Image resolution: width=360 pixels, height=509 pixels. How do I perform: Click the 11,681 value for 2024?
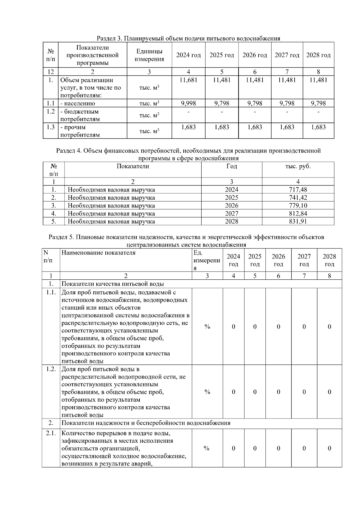pos(188,80)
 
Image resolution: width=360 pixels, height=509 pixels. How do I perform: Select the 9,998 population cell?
pos(188,103)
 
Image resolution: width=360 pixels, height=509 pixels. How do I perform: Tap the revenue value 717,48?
pos(298,189)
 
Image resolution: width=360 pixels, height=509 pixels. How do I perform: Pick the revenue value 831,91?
pos(298,222)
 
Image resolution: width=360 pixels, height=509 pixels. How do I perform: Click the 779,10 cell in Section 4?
pos(298,206)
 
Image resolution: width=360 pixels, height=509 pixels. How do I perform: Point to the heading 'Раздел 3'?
pos(188,38)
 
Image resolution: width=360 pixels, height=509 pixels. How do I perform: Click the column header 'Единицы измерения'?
pos(149,55)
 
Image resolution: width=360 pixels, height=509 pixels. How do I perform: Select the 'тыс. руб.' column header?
pos(298,166)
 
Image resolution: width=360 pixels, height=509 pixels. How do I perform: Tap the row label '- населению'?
pos(78,103)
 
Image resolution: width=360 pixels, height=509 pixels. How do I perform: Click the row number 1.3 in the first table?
pos(50,127)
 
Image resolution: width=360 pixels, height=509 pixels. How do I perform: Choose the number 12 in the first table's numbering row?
pos(50,72)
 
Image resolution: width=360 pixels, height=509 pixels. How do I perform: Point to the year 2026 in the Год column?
pos(231,206)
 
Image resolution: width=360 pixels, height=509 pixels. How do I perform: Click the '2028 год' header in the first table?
pos(318,55)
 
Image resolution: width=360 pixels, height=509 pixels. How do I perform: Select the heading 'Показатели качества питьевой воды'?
pos(113,284)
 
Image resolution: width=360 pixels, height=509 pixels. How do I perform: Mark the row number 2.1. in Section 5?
pos(51,433)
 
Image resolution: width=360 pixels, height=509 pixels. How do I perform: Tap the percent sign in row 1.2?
pos(207,392)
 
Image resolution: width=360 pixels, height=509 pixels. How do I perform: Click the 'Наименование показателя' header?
pos(99,253)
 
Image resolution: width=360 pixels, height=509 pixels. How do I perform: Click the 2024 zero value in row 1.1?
pos(233,326)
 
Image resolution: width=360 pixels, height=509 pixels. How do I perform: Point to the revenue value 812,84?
pos(298,213)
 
